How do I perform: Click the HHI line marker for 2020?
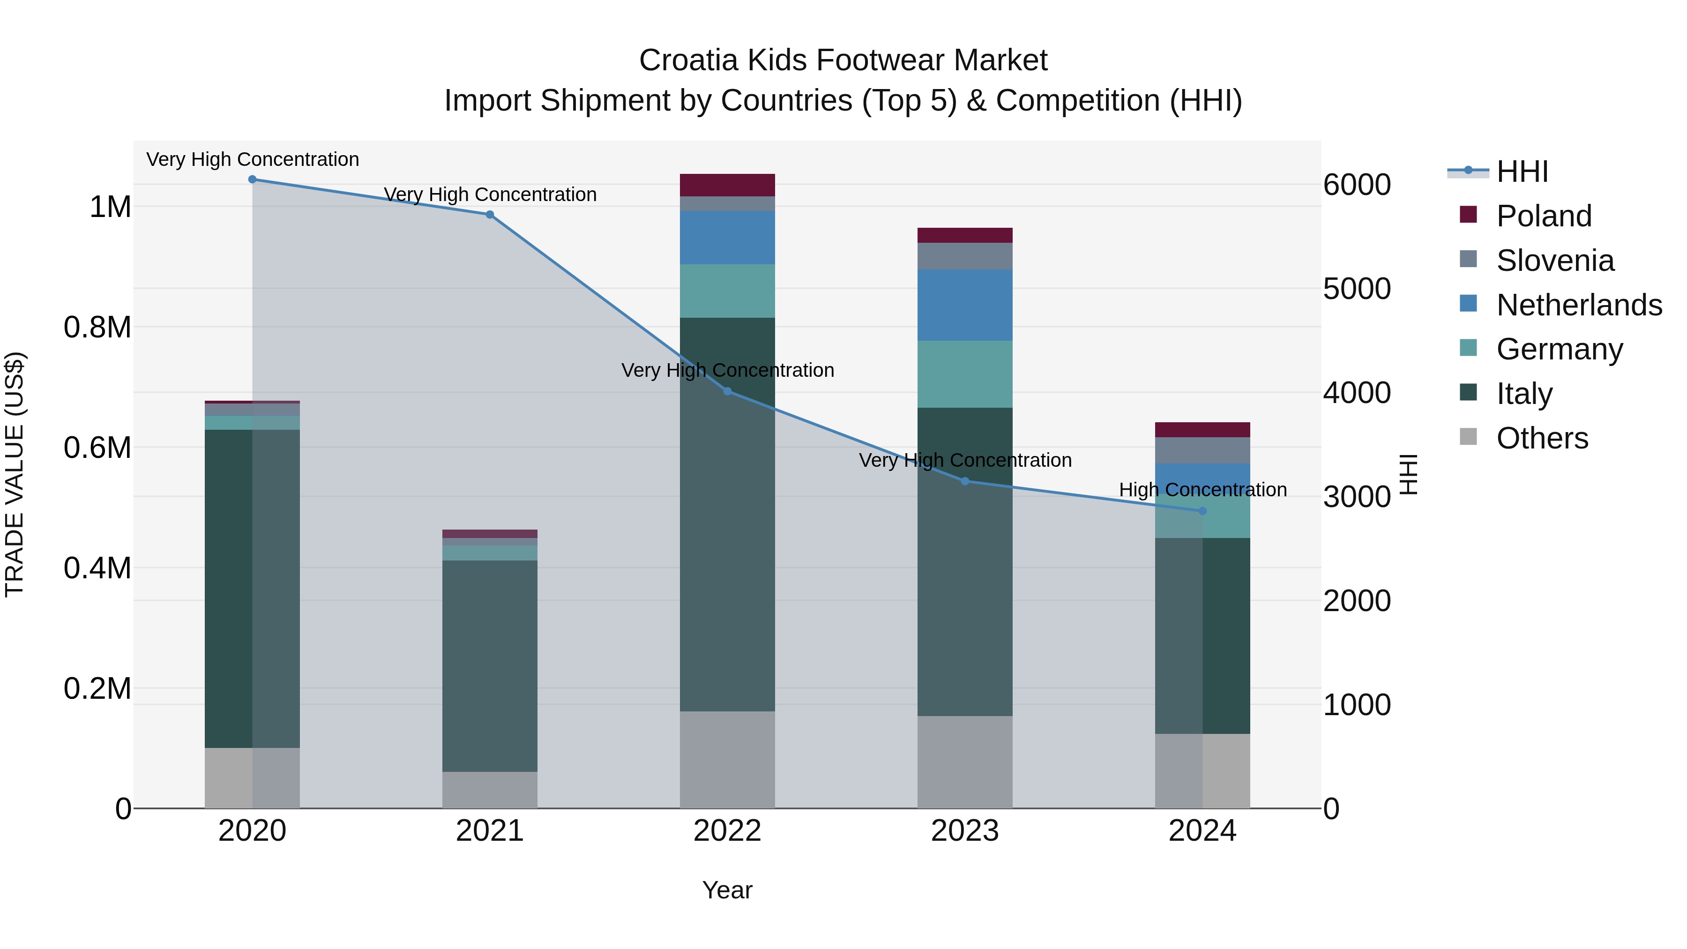252,179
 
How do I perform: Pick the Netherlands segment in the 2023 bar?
965,305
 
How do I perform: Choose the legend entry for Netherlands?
1578,305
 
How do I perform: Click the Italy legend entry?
1523,394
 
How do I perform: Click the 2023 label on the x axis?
965,831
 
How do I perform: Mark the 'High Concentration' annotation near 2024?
1202,490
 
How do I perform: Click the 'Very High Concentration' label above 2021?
490,194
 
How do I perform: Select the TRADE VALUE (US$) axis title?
15,474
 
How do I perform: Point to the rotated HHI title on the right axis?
1408,474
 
